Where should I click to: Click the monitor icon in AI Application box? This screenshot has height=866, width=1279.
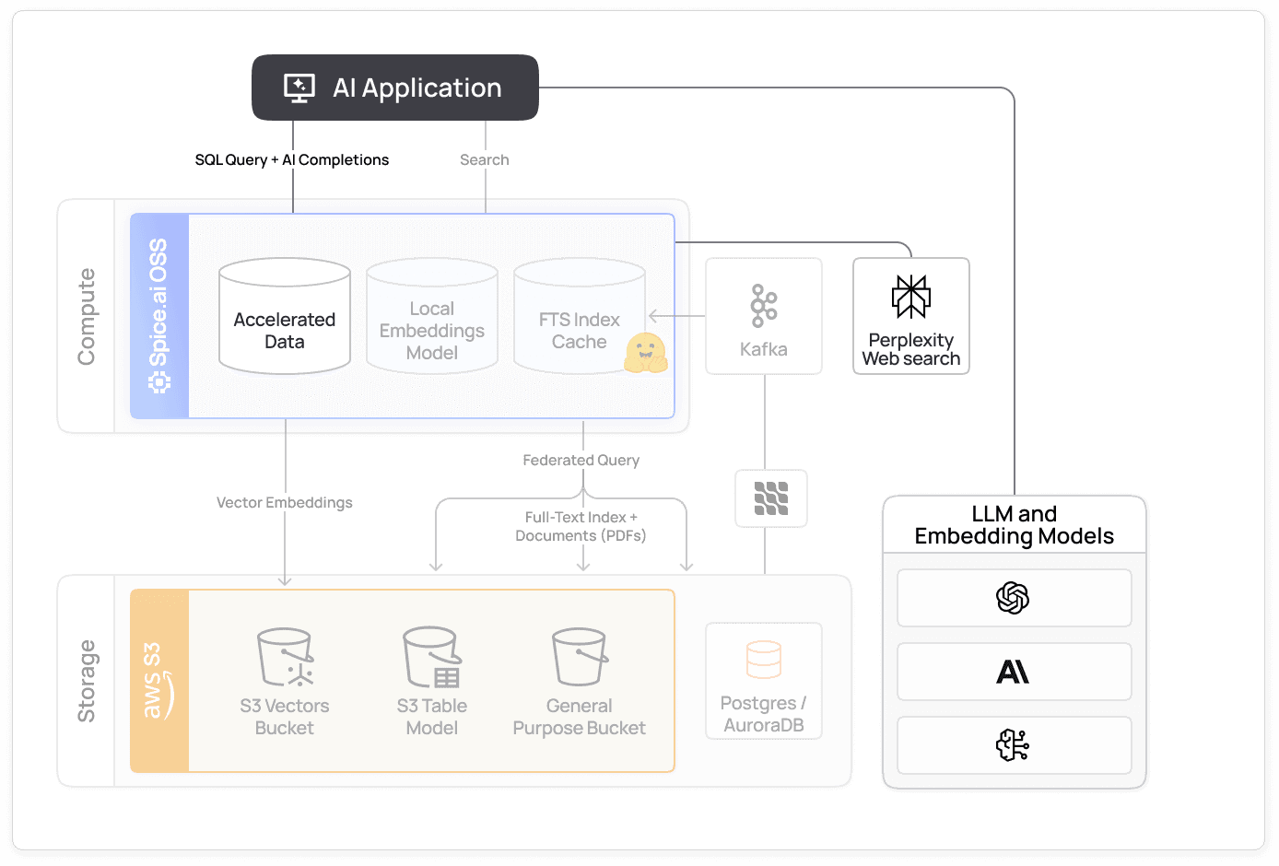coord(299,88)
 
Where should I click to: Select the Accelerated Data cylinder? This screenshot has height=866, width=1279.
coord(285,318)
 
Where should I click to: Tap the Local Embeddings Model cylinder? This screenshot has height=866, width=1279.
coord(432,318)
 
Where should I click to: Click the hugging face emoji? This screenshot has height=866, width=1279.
coord(645,353)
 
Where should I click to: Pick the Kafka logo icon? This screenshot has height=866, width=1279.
coord(764,306)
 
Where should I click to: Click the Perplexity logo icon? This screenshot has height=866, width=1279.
coord(911,297)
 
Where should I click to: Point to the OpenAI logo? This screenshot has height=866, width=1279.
coord(1013,598)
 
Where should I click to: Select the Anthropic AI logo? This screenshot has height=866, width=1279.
coord(1013,673)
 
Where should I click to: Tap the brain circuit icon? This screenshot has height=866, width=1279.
coord(1013,745)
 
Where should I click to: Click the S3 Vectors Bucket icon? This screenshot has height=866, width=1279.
coord(285,658)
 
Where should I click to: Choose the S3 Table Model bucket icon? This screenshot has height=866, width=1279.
coord(432,658)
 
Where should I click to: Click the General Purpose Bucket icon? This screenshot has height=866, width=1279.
coord(580,658)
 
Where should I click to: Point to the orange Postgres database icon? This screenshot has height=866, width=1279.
coord(764,660)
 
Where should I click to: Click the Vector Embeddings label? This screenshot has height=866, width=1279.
coord(285,503)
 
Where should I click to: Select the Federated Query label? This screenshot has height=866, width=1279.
coord(581,461)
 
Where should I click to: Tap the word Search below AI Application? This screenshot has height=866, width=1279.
coord(485,160)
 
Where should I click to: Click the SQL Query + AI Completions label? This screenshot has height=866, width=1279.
coord(292,160)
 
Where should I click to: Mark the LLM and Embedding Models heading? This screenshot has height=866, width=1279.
coord(1015,525)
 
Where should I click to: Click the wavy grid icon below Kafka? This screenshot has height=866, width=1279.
coord(771,498)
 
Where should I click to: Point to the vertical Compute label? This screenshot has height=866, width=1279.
coord(87,317)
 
